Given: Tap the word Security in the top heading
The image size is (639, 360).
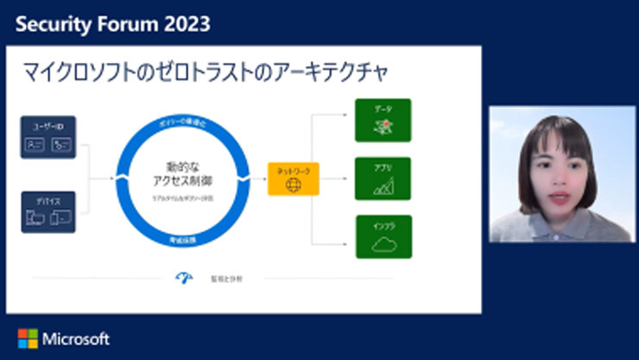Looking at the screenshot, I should coord(52,24).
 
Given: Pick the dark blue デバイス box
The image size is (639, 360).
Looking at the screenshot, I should coord(49,212).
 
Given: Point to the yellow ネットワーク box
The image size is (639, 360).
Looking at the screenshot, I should coord(293,179).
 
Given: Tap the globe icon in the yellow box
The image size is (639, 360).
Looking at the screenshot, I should coord(293,185).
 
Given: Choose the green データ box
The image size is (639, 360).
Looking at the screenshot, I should coord(383,121).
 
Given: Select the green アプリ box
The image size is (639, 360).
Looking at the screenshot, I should coord(383,179).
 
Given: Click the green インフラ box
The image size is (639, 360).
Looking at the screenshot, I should coord(383,237).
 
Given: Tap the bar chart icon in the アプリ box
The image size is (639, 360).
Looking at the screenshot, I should coord(383,185).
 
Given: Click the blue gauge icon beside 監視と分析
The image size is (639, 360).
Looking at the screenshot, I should coord(184,277).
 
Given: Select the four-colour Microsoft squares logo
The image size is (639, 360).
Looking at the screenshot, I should coord(27,338).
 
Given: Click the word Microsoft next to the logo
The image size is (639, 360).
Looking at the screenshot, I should coord(76,338).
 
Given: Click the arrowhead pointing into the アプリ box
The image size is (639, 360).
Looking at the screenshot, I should coord(351,179).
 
